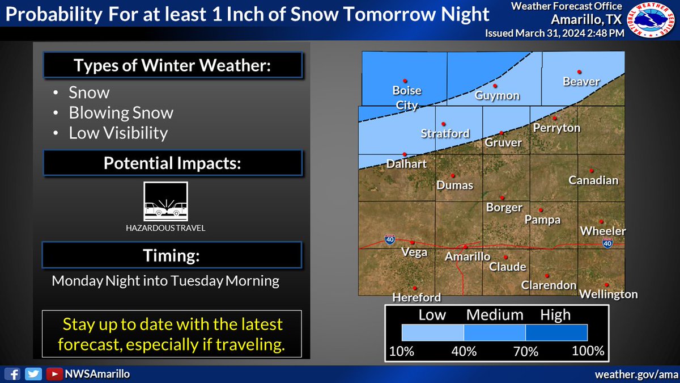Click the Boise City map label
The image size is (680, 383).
(407, 97)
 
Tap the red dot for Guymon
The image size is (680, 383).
(495, 86)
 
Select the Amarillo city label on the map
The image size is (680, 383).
(467, 256)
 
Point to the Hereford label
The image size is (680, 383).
(416, 297)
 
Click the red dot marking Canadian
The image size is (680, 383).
(591, 170)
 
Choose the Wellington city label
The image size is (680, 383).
(608, 294)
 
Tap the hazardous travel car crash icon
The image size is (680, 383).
(165, 203)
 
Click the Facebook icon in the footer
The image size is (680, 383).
(15, 374)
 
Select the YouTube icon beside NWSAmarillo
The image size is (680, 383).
(54, 374)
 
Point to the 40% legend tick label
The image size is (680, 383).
(464, 351)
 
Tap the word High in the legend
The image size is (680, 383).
(555, 314)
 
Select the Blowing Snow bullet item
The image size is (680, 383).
(121, 113)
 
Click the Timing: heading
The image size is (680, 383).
(172, 255)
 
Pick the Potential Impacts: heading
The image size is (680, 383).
(172, 163)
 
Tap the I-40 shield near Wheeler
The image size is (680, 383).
(607, 243)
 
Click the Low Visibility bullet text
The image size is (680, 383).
(118, 133)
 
